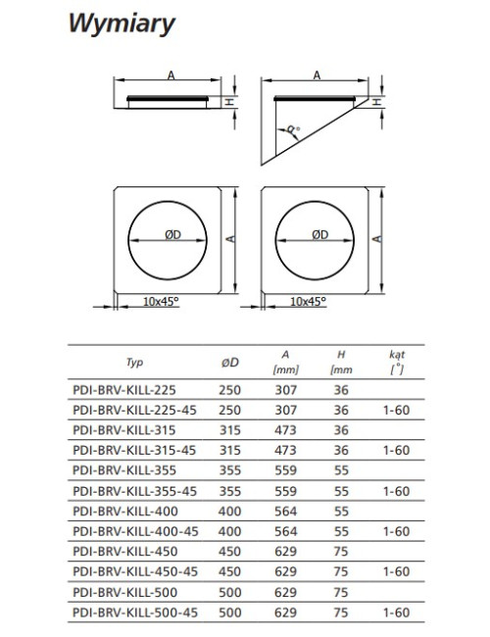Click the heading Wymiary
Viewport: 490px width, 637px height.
122,24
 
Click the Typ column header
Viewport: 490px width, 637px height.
134,363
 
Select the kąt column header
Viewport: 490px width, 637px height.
397,362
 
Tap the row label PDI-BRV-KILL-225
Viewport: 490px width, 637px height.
124,390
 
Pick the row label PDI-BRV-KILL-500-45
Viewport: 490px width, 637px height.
135,612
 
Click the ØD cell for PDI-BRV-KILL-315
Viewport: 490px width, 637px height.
230,430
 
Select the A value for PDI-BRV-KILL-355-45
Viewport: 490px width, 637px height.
285,491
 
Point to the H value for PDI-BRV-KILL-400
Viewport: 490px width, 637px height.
341,511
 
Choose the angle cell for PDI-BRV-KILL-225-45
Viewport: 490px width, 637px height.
397,411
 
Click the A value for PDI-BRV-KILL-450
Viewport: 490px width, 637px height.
285,552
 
